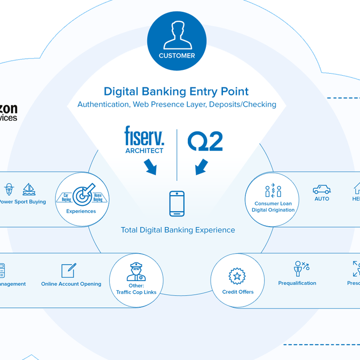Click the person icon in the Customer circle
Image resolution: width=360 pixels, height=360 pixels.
coord(177,36)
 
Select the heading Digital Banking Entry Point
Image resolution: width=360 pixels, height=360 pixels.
coord(176,91)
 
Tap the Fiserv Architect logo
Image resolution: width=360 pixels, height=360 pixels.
coord(144,140)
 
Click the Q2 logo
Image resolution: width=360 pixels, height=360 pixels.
coord(205,141)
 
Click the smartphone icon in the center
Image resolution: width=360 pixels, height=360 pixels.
coord(177,204)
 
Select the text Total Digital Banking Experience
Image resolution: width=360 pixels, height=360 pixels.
coord(178,230)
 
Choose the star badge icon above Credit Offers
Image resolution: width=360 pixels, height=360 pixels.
coord(237,276)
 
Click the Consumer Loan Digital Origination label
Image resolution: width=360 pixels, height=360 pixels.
coord(273,207)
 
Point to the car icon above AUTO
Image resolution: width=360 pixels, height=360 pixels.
coord(322,189)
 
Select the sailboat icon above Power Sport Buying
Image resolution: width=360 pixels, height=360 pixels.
coord(29,189)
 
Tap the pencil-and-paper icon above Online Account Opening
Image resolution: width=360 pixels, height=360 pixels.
coord(68,270)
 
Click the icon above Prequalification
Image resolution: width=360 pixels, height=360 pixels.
coord(301,268)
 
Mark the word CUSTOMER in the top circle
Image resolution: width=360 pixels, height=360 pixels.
coord(177,55)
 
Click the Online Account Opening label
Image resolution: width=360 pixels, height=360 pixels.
coord(71,284)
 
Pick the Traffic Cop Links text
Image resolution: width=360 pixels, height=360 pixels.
coord(136,292)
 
